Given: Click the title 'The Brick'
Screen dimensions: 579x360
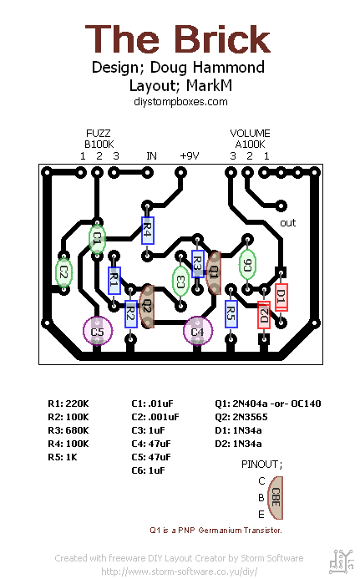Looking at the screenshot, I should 179,39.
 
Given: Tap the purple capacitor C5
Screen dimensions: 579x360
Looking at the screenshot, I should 98,332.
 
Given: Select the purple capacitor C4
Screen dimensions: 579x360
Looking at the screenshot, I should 197,332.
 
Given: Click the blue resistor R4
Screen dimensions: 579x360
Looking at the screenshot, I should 147,230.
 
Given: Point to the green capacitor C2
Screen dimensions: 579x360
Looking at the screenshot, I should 63,271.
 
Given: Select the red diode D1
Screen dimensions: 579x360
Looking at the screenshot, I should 281,296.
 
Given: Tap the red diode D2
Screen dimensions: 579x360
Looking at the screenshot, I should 264,315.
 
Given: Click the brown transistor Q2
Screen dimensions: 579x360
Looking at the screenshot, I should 148,307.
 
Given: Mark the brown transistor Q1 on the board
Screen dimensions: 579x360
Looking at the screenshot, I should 214,272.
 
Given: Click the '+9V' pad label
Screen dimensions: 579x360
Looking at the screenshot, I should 190,155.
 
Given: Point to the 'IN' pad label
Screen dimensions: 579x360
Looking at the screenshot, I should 151,155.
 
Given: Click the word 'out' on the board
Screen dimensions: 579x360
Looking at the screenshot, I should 288,223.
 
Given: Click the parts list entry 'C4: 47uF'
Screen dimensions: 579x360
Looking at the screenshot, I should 150,443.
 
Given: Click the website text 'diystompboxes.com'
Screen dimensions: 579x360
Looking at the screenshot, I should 180,101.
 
